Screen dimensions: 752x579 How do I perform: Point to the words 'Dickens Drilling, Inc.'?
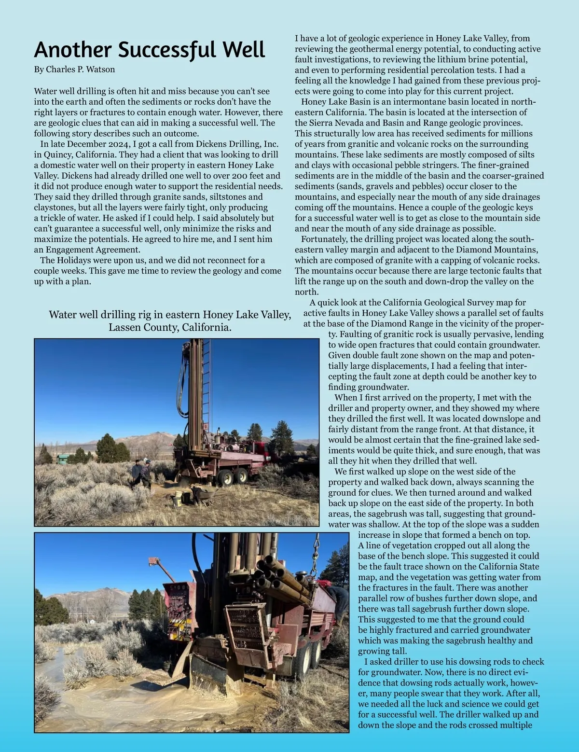point(236,144)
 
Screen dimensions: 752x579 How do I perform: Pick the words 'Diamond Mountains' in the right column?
point(502,250)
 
